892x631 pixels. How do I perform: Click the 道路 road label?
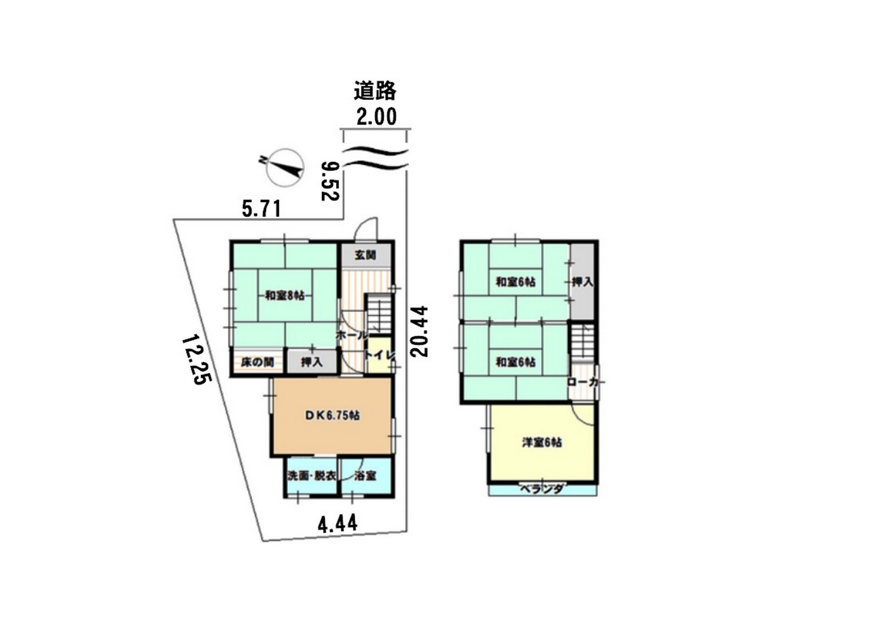[x=375, y=90]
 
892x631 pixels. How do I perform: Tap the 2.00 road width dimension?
[x=377, y=117]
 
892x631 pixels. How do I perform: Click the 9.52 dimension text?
[x=330, y=181]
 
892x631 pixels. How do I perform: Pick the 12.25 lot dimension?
[x=197, y=360]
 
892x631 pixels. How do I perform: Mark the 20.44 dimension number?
[x=419, y=332]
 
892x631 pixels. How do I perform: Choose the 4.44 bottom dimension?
[x=337, y=524]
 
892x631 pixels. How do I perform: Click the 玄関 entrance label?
[x=365, y=255]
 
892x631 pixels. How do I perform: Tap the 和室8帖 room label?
[x=284, y=296]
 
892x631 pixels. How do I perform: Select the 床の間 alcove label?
[x=257, y=362]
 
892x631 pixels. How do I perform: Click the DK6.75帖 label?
[x=332, y=415]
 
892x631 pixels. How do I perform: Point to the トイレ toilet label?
[x=379, y=355]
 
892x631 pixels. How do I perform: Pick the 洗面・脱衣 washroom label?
[x=312, y=476]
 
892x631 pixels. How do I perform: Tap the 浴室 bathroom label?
[x=365, y=476]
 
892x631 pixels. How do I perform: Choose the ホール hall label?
[x=352, y=335]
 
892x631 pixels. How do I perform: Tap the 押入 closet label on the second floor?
[x=583, y=282]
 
